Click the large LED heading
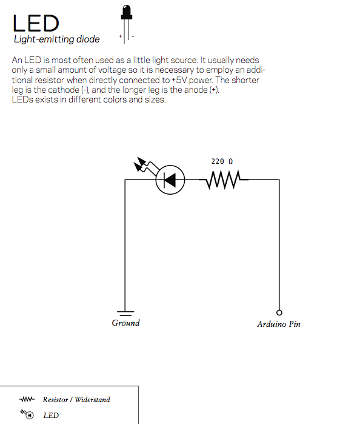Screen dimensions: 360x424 [x=36, y=23]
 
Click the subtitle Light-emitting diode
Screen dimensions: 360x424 [x=57, y=39]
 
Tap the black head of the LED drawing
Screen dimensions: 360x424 [x=127, y=12]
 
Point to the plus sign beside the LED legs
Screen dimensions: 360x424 [x=120, y=36]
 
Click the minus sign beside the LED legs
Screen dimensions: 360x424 [x=133, y=36]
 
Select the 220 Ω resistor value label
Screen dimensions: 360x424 [x=222, y=161]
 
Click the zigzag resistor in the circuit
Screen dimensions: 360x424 [x=224, y=180]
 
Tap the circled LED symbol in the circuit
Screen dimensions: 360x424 [x=170, y=180]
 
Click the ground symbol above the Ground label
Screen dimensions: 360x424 [x=125, y=314]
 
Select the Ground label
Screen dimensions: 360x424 [x=126, y=323]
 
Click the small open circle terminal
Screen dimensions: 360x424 [x=279, y=312]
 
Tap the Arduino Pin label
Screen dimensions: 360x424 [x=279, y=324]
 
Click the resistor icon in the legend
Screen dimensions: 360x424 [x=27, y=399]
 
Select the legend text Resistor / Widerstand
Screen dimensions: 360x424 [x=76, y=400]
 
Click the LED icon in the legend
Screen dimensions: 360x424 [x=27, y=414]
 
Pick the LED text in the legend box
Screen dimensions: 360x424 [x=51, y=415]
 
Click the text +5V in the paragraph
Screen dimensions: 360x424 [x=179, y=80]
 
